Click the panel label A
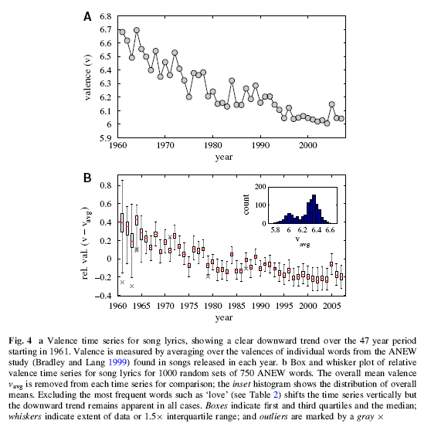click(87, 16)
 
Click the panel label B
click(87, 178)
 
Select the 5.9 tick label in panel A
click(106, 137)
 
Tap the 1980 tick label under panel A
click(212, 145)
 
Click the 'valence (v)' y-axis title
click(87, 77)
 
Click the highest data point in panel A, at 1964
click(137, 30)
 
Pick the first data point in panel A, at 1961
click(122, 32)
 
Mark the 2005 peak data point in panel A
click(332, 104)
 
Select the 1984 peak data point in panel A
click(232, 80)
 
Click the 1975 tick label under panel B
click(188, 306)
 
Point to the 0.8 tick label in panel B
click(106, 185)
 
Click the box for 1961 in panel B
click(122, 222)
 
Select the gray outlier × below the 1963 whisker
click(131, 286)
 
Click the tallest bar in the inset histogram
click(314, 209)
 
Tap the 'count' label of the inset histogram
click(246, 205)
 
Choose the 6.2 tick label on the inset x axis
click(302, 229)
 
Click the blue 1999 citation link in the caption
click(117, 362)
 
